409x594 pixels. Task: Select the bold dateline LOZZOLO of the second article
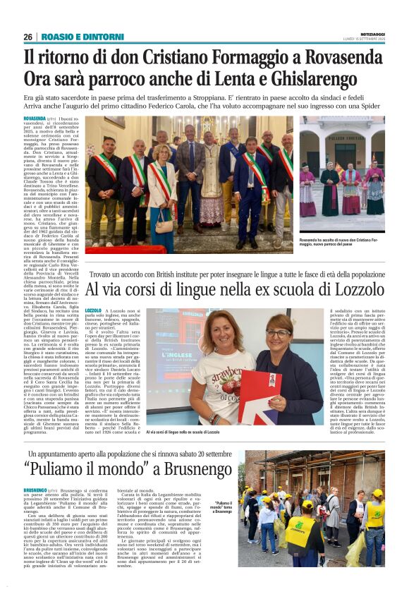(x=93, y=311)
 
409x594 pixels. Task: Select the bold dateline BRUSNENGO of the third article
(x=35, y=490)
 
